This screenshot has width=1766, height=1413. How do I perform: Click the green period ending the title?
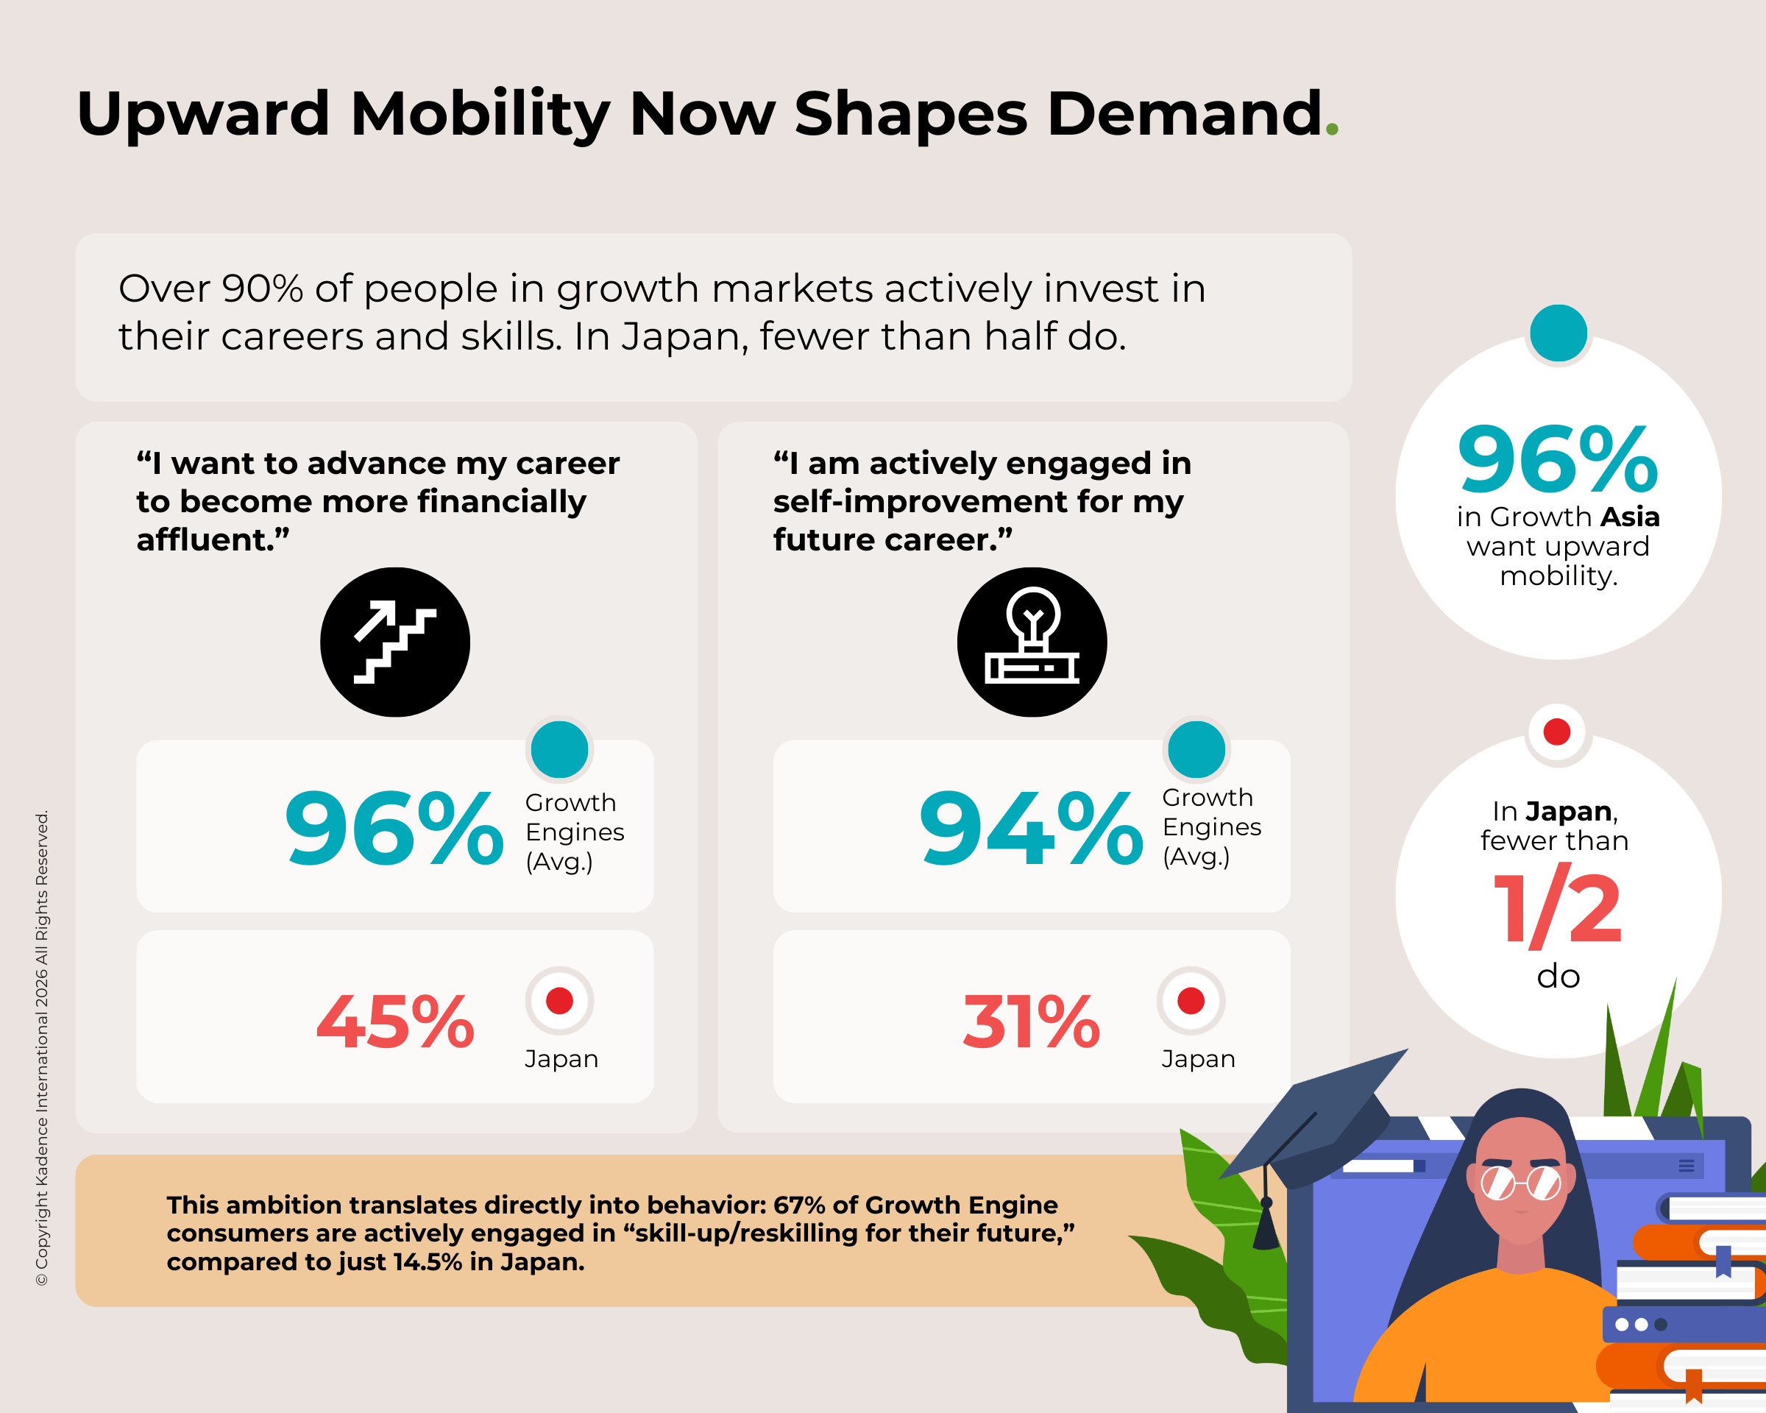(x=1332, y=129)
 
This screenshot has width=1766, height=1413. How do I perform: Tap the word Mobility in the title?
(x=479, y=115)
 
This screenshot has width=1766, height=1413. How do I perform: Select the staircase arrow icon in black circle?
(x=395, y=642)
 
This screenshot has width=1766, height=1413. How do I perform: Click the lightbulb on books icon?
(x=1032, y=642)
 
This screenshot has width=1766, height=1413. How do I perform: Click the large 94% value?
(x=1030, y=829)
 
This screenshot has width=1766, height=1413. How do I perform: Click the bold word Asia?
(x=1629, y=517)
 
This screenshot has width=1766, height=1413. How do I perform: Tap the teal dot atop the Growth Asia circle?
(x=1558, y=333)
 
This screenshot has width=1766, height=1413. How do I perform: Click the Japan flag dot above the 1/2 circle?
(x=1557, y=732)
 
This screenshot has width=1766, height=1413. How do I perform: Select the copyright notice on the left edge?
(x=42, y=1049)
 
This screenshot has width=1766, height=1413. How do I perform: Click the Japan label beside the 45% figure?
(x=561, y=1059)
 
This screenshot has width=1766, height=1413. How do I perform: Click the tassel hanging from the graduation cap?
(x=1266, y=1225)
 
